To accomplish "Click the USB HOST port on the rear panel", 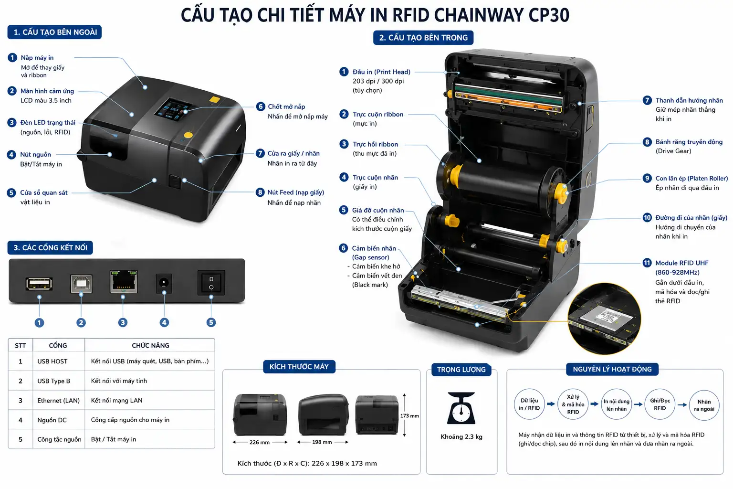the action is click(x=39, y=284).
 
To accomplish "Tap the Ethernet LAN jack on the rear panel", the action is click(x=124, y=281).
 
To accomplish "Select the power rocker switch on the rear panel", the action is click(x=211, y=283).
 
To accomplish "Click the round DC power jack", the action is click(x=164, y=283).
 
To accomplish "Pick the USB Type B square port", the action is click(x=81, y=284).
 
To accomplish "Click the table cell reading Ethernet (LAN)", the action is click(x=59, y=400).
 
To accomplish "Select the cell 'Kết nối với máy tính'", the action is click(x=119, y=381).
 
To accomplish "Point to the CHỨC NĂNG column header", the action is click(x=150, y=345).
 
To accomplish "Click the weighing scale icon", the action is click(x=461, y=408).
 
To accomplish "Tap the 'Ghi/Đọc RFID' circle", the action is click(x=660, y=404).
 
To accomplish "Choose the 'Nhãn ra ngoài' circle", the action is click(x=704, y=405).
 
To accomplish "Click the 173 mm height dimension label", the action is click(x=409, y=415).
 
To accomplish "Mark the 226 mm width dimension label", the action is click(x=260, y=442).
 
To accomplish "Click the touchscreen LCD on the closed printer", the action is click(x=173, y=109).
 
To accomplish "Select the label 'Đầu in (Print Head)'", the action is click(x=381, y=72).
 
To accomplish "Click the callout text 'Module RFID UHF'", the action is click(x=681, y=263).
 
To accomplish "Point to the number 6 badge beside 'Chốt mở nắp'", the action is click(x=260, y=106).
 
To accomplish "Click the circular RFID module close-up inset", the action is click(x=604, y=319).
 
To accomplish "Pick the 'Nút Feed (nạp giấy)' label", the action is click(x=295, y=192).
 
